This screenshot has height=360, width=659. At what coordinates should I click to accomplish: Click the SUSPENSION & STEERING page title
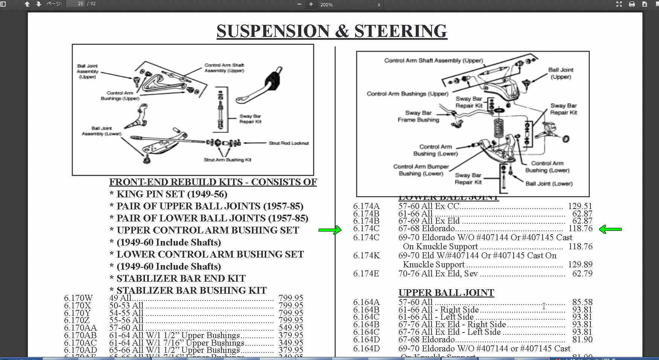(332, 31)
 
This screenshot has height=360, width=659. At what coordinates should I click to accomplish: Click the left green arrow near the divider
(329, 230)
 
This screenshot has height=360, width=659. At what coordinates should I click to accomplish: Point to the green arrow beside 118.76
(610, 229)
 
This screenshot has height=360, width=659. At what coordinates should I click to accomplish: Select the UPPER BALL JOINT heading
(446, 293)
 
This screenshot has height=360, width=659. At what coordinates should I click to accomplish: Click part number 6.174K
(366, 256)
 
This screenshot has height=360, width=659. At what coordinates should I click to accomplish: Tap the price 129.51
(580, 206)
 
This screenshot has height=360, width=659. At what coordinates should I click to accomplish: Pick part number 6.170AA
(80, 328)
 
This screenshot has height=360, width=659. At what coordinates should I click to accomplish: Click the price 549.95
(290, 328)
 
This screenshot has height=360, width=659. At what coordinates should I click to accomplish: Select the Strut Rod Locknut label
(288, 143)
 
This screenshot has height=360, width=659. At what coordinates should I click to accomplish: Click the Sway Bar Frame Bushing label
(418, 116)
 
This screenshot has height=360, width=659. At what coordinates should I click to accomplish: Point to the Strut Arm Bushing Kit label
(227, 160)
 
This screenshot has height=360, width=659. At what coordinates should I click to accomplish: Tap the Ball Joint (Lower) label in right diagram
(549, 184)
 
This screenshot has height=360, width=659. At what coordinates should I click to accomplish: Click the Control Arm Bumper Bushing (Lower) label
(421, 170)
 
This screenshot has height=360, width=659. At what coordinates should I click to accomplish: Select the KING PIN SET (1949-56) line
(172, 194)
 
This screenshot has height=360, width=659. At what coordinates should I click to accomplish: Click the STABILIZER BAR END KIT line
(181, 279)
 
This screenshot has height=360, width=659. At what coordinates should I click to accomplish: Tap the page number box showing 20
(75, 4)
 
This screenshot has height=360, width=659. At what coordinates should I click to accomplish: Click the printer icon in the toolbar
(632, 4)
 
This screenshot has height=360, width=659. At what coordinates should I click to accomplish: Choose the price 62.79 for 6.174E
(582, 274)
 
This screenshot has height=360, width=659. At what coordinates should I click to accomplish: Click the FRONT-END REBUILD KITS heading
(213, 182)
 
